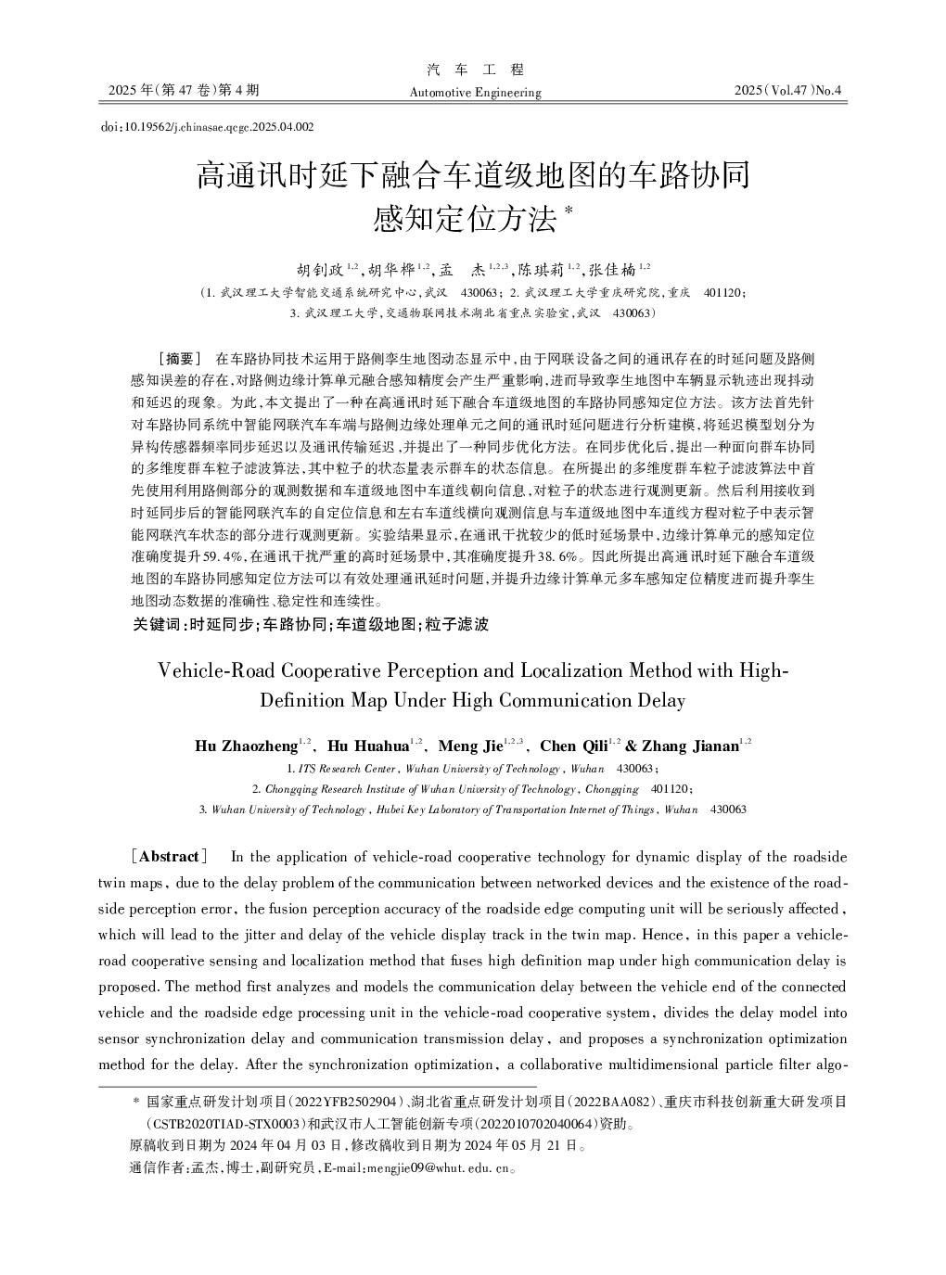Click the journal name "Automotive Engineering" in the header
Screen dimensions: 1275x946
click(475, 93)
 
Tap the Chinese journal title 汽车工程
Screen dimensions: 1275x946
click(475, 70)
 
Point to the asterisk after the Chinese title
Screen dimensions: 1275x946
click(569, 212)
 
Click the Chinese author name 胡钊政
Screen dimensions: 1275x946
click(321, 270)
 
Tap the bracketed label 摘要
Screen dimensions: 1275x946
click(180, 358)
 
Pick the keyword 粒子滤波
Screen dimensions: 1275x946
click(456, 625)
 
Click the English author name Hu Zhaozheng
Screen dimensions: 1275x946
click(246, 746)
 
